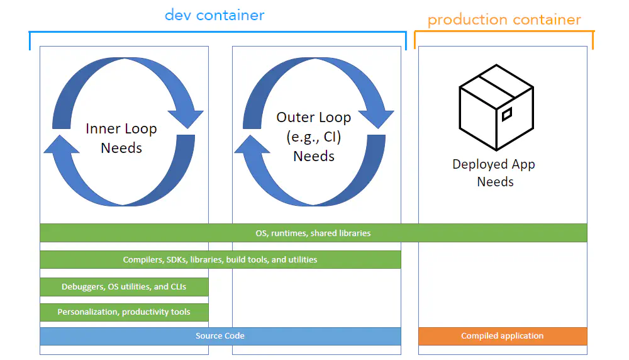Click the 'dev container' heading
(214, 14)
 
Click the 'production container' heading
(504, 20)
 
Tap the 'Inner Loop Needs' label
(121, 138)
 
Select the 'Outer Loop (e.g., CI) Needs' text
(314, 137)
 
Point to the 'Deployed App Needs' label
(494, 173)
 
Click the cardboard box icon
(496, 107)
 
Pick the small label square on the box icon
(506, 114)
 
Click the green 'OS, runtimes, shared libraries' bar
(313, 233)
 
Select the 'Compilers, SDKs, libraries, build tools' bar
(220, 259)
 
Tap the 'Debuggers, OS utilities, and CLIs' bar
(124, 286)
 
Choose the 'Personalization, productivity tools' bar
(124, 312)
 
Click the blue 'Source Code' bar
(220, 336)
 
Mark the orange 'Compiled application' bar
(502, 336)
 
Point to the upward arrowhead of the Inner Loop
(60, 144)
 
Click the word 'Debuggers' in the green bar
(81, 286)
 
